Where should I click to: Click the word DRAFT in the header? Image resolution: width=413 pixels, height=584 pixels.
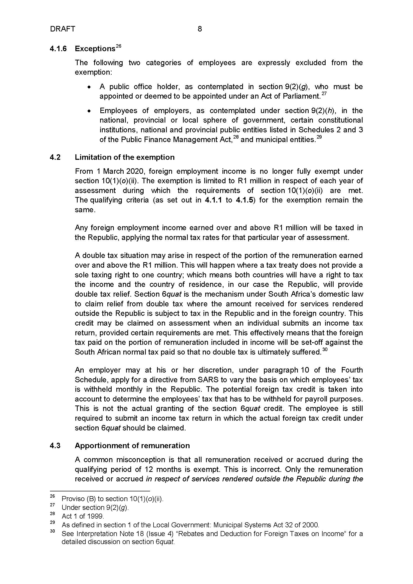tap(63, 29)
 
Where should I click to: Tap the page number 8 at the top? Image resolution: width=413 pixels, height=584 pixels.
tap(200, 29)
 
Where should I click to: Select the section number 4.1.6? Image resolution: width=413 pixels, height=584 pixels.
tap(58, 49)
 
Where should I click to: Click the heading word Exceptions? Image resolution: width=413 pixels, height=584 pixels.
tap(95, 49)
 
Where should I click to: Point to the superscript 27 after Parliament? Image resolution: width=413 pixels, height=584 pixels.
tap(324, 94)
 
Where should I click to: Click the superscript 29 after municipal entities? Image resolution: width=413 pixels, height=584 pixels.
tap(319, 137)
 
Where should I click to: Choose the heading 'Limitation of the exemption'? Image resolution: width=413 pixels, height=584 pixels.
tap(125, 157)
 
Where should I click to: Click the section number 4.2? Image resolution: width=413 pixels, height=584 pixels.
tap(55, 157)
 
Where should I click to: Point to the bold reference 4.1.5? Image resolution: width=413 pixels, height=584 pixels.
tap(244, 200)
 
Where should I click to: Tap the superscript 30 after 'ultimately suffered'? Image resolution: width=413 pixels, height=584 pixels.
tap(325, 350)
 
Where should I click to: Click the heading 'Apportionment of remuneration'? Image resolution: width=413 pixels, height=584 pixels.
tap(132, 446)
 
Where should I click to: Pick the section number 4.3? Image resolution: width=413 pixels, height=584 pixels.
tap(55, 446)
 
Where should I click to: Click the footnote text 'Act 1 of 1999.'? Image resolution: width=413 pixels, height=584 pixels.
tap(83, 516)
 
